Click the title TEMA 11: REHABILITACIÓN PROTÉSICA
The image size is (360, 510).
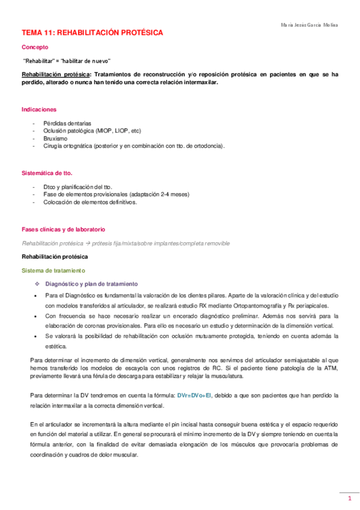click(92, 33)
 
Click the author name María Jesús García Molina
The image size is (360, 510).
click(310, 25)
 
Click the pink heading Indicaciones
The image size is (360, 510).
click(39, 109)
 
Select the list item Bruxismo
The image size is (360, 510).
click(55, 138)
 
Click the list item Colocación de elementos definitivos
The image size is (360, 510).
click(90, 202)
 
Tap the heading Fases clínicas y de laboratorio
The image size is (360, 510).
click(63, 229)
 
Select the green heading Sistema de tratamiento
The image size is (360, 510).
click(53, 271)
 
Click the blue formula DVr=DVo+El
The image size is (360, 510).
click(194, 395)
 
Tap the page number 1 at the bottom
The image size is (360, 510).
click(349, 499)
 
